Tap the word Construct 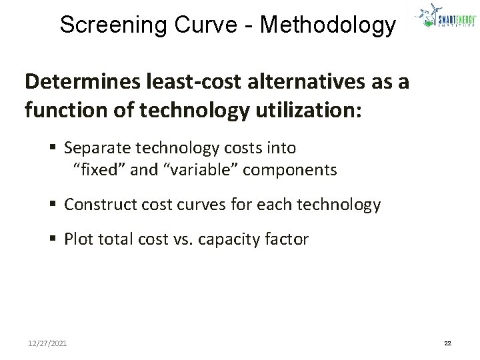(97, 205)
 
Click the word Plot (79, 239)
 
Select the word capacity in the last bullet (230, 239)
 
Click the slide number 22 (447, 343)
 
